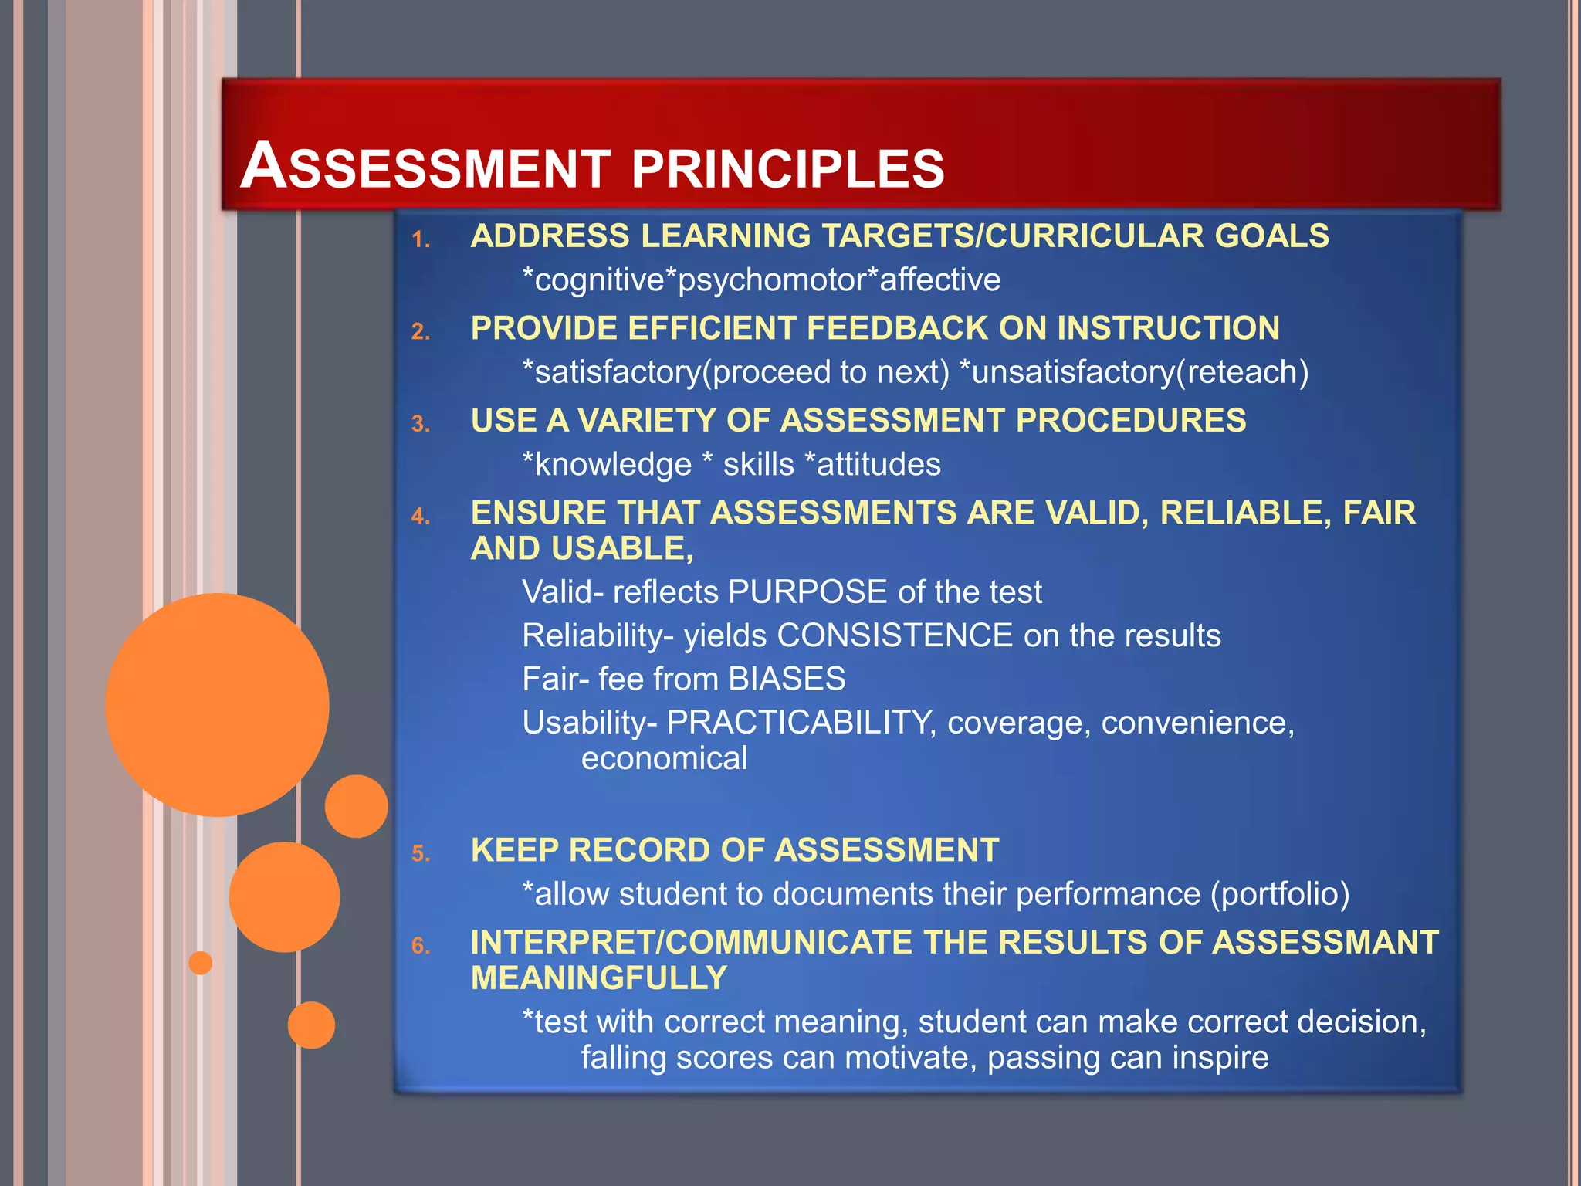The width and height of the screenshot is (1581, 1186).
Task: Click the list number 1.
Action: coord(420,239)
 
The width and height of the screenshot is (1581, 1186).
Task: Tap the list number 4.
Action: coord(420,516)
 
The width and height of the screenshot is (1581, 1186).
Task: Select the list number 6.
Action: coord(420,945)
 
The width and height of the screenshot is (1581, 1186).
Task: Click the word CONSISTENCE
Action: coord(894,635)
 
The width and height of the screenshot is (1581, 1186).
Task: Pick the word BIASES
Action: coord(787,679)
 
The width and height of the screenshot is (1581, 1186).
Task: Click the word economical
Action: coord(664,758)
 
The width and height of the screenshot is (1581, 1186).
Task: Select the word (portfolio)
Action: coord(1279,894)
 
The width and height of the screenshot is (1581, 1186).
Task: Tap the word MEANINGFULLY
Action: coord(599,978)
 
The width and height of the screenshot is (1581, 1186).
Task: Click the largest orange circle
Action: coord(217,704)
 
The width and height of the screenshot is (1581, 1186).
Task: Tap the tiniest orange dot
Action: coord(201,963)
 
